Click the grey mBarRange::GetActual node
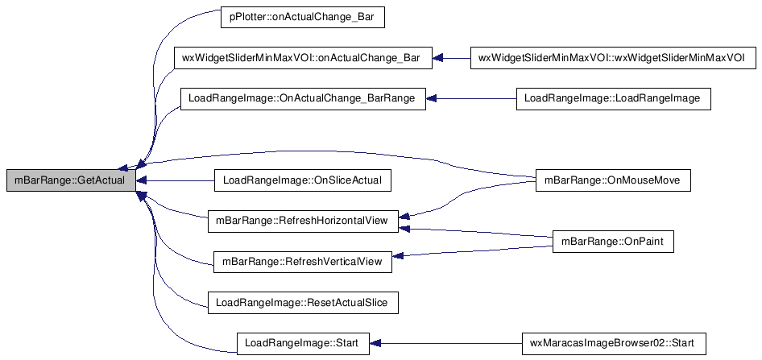pyautogui.click(x=71, y=180)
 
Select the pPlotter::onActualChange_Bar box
pyautogui.click(x=303, y=18)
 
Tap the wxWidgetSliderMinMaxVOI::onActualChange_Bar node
pyautogui.click(x=303, y=58)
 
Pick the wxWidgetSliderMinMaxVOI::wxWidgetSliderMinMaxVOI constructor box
pyautogui.click(x=614, y=58)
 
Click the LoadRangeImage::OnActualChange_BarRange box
pyautogui.click(x=303, y=98)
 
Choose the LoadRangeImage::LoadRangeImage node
pyautogui.click(x=613, y=98)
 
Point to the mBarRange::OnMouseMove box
pyautogui.click(x=613, y=180)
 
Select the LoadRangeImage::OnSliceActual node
pyautogui.click(x=303, y=180)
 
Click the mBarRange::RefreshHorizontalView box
pyautogui.click(x=303, y=221)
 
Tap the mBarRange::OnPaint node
pyautogui.click(x=613, y=242)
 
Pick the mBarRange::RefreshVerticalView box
pyautogui.click(x=303, y=262)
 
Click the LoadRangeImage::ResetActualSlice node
pyautogui.click(x=303, y=303)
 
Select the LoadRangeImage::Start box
pyautogui.click(x=303, y=343)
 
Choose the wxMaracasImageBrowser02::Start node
pyautogui.click(x=613, y=343)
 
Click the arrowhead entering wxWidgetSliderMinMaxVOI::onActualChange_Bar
pyautogui.click(x=437, y=58)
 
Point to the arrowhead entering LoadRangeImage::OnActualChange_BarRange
pyautogui.click(x=431, y=98)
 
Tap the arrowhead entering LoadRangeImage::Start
pyautogui.click(x=375, y=343)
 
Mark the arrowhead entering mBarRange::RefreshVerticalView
pyautogui.click(x=397, y=256)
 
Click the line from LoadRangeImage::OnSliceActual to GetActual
pyautogui.click(x=175, y=180)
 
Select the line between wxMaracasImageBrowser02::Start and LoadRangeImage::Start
pyautogui.click(x=445, y=343)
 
